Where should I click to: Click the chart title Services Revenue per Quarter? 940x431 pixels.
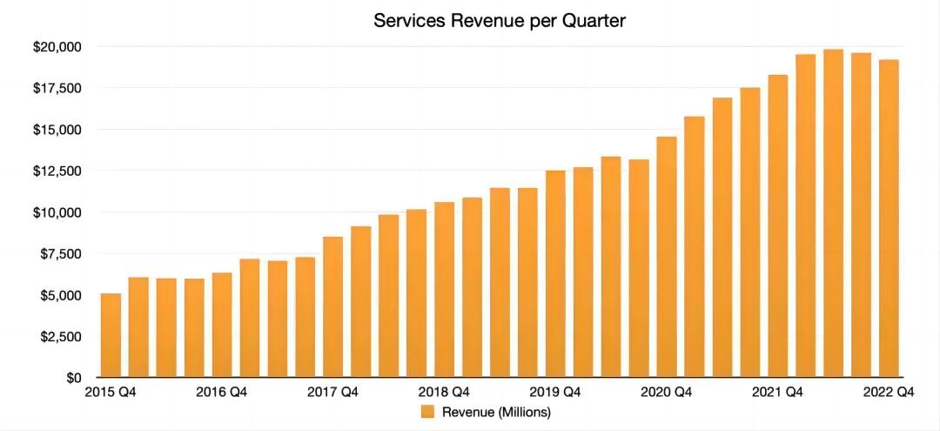pyautogui.click(x=499, y=21)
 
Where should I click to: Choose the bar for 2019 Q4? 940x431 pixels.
pyautogui.click(x=555, y=274)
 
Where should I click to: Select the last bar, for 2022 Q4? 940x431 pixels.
pyautogui.click(x=889, y=219)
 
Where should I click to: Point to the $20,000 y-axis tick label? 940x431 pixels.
pyautogui.click(x=57, y=46)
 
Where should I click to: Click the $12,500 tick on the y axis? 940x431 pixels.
pyautogui.click(x=57, y=171)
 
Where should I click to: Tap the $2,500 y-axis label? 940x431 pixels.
pyautogui.click(x=61, y=337)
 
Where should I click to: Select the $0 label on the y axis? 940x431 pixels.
pyautogui.click(x=72, y=378)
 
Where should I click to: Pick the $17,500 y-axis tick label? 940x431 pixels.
pyautogui.click(x=57, y=88)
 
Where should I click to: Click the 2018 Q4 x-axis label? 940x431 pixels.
pyautogui.click(x=444, y=393)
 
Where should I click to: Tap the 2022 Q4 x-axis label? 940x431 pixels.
pyautogui.click(x=889, y=393)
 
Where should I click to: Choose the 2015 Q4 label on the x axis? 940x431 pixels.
pyautogui.click(x=111, y=393)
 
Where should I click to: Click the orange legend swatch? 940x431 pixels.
pyautogui.click(x=428, y=412)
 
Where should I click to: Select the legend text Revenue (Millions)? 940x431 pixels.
pyautogui.click(x=497, y=412)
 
